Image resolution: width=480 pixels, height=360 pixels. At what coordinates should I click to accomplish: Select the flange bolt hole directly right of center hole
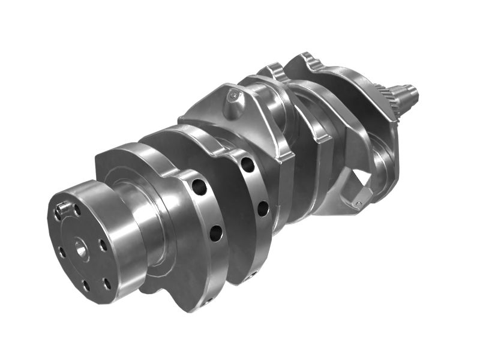click(103, 245)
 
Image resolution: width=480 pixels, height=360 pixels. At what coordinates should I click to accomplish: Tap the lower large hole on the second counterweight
click(263, 208)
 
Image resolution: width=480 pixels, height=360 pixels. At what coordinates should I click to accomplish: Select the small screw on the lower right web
click(358, 205)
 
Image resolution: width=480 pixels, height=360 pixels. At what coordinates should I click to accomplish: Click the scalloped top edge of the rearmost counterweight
click(306, 60)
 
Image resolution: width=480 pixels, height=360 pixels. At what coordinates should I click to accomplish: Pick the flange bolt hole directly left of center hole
click(61, 252)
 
